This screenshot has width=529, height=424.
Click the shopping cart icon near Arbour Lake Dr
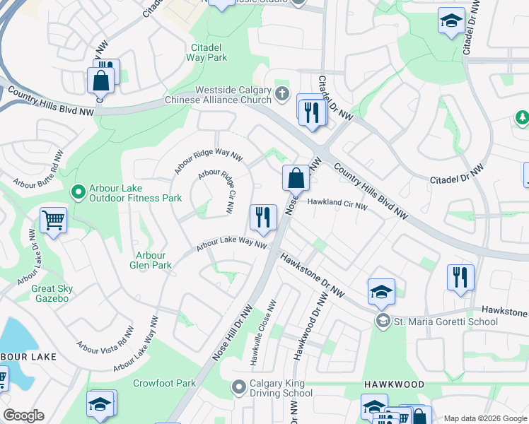coord(54,220)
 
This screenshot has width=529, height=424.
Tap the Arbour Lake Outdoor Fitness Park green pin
coord(77,191)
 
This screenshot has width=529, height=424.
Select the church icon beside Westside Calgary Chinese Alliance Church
coord(282,94)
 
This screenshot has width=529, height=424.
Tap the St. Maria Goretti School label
coord(446,322)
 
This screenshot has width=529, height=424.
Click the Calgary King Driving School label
coord(281,389)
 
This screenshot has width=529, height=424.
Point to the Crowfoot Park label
coord(164,383)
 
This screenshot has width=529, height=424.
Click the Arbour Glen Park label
coord(151,260)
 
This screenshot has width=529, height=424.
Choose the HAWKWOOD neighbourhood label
coord(394,384)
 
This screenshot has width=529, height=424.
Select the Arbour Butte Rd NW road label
coord(39,170)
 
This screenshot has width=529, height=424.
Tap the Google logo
coord(23,416)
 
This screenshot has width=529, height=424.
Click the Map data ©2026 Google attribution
coord(484,418)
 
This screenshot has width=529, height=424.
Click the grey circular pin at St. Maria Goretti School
coord(383,322)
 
